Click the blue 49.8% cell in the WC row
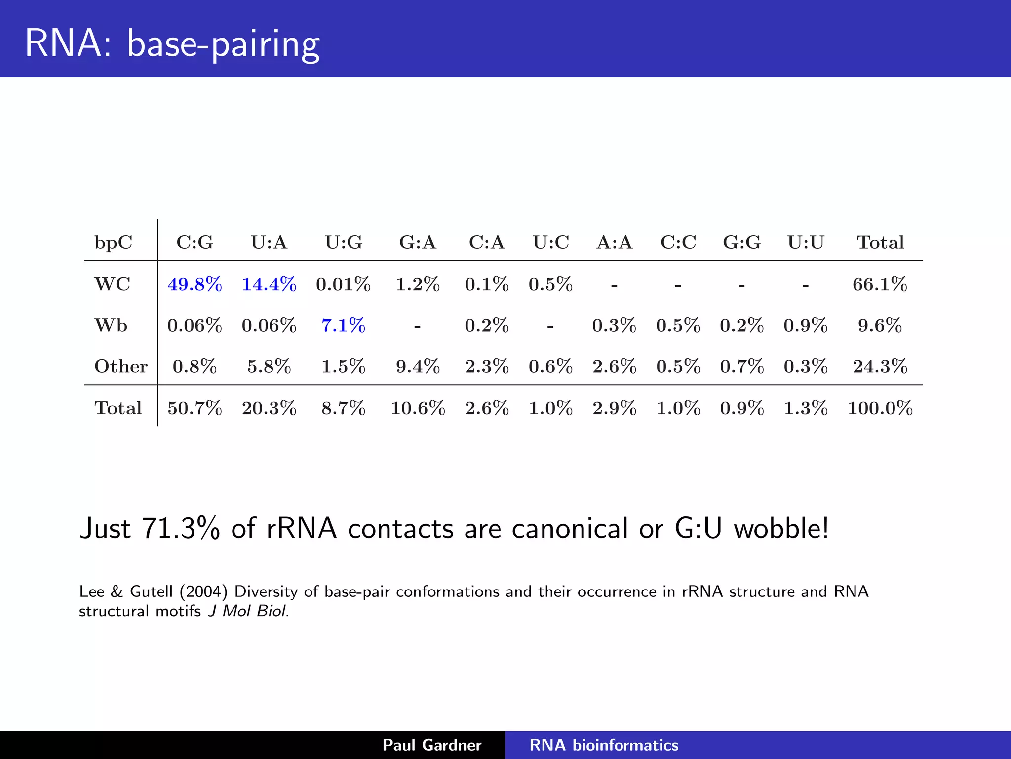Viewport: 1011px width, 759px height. (194, 284)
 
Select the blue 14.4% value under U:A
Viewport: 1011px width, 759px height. (269, 284)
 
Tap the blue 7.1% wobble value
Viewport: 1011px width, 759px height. (343, 325)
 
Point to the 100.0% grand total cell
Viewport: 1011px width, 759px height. (880, 408)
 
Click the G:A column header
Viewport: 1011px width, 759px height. (418, 242)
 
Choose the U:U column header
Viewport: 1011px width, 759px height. (806, 242)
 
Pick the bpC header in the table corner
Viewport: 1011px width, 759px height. (114, 242)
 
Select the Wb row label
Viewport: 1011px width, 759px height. (111, 325)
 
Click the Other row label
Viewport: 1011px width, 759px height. (121, 366)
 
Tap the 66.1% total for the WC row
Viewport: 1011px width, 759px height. (880, 284)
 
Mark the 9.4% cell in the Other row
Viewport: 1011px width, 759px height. (418, 366)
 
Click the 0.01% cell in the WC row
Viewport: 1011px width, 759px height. (343, 284)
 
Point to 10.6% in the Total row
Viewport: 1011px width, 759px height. (418, 408)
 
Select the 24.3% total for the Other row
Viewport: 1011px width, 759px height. (880, 366)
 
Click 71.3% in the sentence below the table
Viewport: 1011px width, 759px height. (181, 528)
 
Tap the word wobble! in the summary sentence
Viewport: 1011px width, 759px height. (781, 528)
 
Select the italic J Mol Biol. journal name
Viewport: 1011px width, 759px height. (248, 611)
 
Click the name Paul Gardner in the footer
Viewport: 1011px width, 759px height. (432, 745)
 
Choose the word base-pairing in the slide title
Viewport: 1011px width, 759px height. (223, 44)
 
